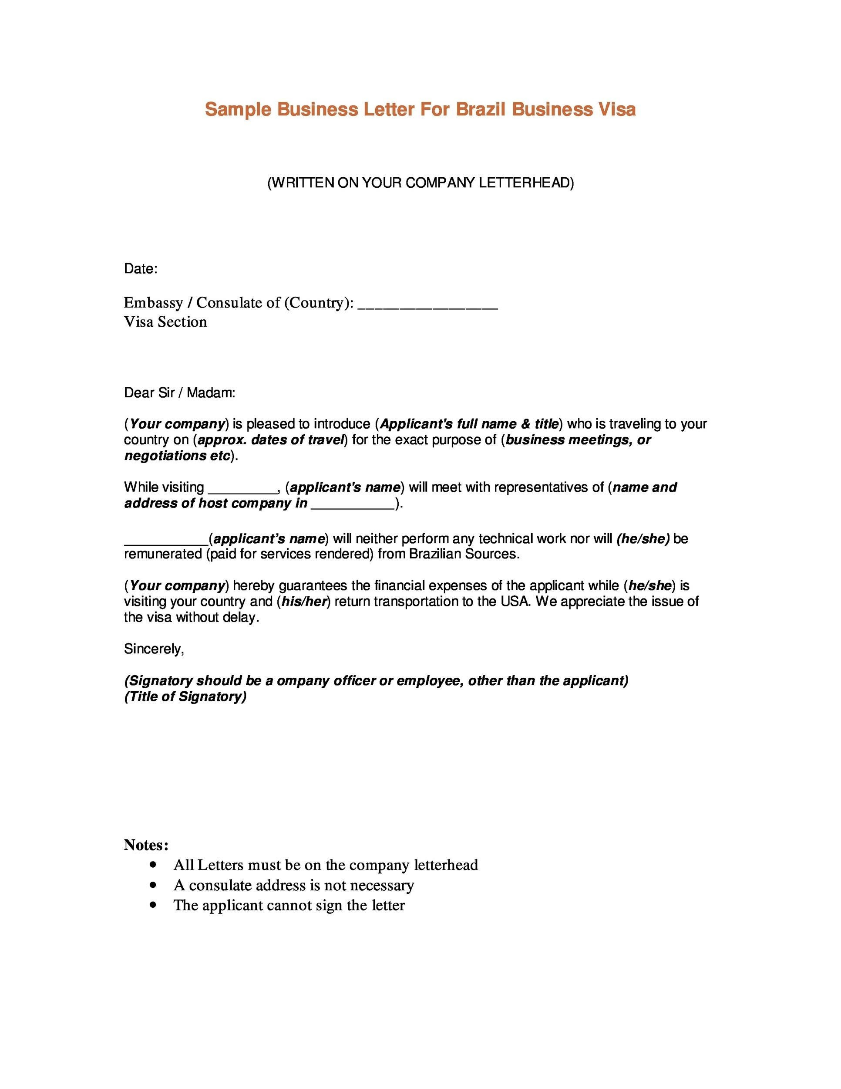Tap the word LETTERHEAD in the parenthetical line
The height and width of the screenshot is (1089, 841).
(526, 183)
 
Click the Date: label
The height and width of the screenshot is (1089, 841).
(141, 269)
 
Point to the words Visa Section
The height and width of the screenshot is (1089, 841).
(165, 322)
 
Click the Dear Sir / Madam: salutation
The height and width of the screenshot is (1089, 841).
(179, 393)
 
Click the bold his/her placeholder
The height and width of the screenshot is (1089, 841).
(304, 602)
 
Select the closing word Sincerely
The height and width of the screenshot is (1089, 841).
(154, 649)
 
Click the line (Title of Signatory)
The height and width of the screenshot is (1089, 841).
(185, 697)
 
